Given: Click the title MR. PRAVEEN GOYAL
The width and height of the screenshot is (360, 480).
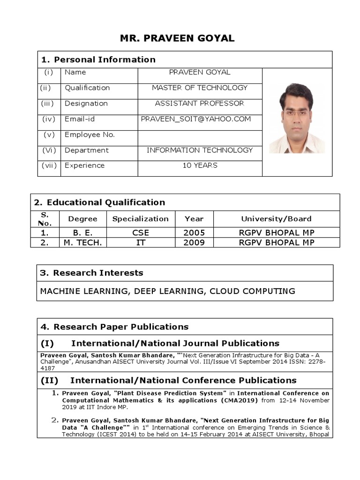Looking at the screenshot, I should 177,38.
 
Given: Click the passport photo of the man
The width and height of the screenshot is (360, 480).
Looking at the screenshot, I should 297,119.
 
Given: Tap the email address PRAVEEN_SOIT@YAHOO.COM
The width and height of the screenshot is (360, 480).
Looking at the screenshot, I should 196,119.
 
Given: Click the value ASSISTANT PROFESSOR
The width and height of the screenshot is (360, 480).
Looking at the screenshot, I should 200,104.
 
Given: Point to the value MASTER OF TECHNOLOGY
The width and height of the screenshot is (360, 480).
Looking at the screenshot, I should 200,88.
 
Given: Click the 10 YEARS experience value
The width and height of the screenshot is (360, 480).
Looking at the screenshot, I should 200,165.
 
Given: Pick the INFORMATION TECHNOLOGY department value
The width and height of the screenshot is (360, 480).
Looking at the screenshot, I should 200,150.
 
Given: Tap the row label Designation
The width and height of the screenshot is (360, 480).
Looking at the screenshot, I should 86,104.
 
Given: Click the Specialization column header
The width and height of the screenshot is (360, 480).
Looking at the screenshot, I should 141,219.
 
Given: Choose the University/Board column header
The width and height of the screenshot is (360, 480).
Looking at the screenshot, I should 276,219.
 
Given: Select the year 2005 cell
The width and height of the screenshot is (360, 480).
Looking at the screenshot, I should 194,233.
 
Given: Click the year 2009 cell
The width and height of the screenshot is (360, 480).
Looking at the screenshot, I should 194,243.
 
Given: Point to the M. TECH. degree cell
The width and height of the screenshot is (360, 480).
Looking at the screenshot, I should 83,243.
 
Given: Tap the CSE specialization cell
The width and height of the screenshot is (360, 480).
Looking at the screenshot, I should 141,233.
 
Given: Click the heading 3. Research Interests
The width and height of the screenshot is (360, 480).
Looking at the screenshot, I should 92,273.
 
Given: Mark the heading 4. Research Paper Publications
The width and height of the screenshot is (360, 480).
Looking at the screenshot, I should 114,327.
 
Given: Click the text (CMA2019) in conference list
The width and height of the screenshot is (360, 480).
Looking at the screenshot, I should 239,401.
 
